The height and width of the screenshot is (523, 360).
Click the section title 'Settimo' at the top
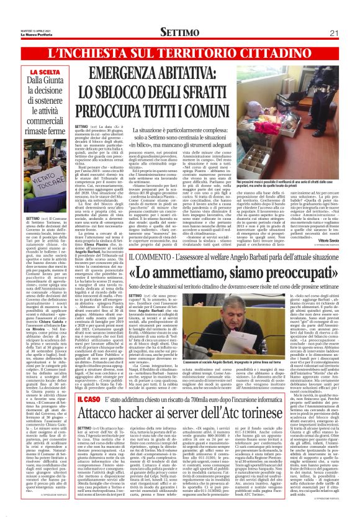180,32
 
